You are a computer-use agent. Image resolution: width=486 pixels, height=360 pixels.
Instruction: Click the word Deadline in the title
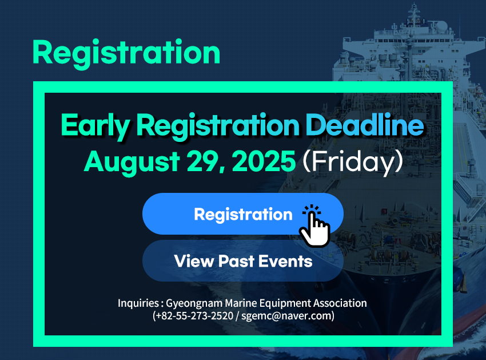pos(365,125)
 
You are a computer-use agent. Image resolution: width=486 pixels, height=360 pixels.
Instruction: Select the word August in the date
pos(132,163)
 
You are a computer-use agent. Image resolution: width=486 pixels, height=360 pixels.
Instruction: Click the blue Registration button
pos(242,213)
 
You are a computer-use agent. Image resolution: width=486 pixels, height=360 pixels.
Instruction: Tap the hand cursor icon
pos(314,226)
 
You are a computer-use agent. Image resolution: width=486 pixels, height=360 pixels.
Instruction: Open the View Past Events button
pos(242,260)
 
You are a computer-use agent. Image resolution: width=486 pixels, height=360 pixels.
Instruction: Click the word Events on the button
pos(285,261)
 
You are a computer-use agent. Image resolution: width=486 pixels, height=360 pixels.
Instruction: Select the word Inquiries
pos(138,303)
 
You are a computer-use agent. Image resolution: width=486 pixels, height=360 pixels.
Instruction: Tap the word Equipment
pos(285,303)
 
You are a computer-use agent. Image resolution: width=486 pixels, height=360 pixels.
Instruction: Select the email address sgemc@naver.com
pos(286,316)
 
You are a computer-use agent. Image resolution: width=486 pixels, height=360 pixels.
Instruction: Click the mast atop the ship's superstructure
pos(414,14)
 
